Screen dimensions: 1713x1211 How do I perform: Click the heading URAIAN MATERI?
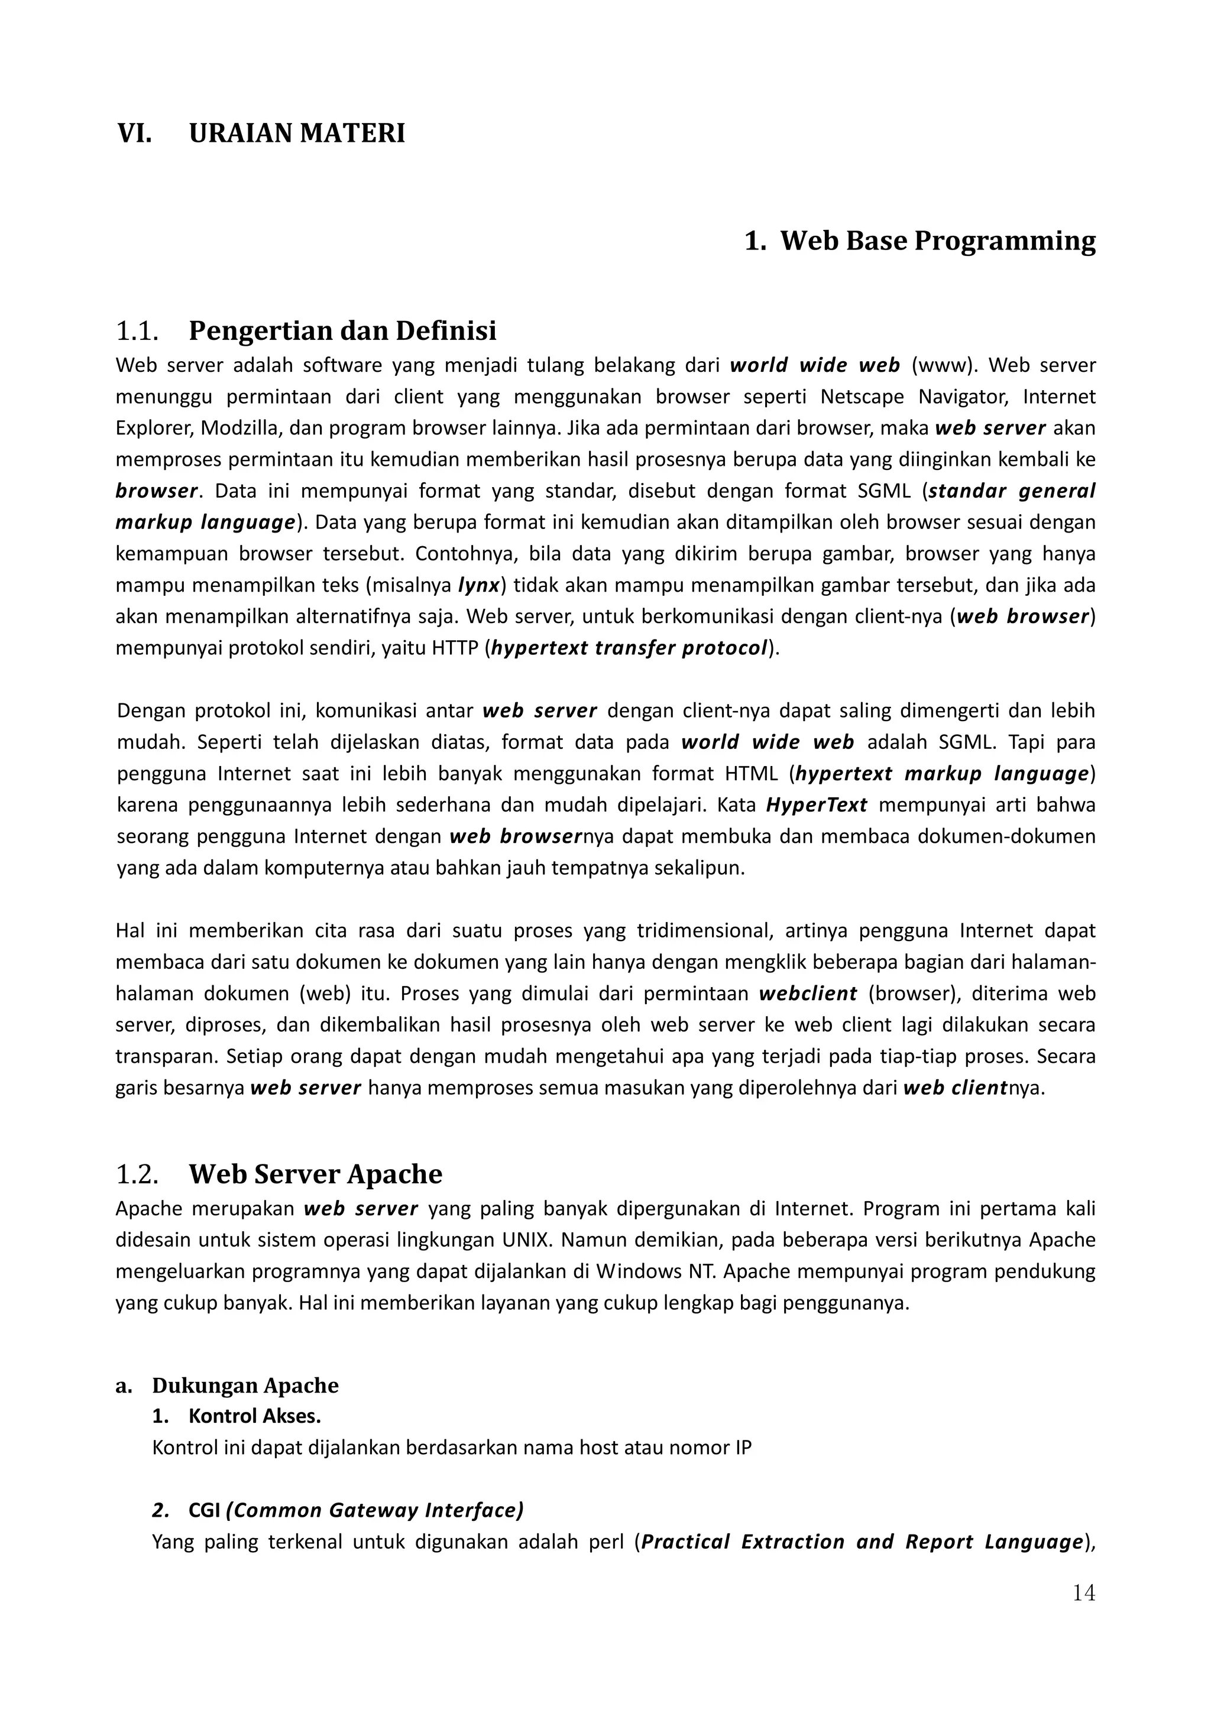(x=297, y=134)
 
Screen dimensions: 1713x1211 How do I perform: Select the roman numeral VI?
(x=134, y=134)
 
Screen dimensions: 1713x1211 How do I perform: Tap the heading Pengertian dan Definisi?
(x=342, y=330)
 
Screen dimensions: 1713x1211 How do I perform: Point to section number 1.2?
(x=137, y=1175)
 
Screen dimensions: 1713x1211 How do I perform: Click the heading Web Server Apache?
(x=315, y=1175)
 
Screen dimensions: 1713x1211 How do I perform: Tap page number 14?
(x=1083, y=1594)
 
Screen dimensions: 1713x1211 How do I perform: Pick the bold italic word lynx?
(x=478, y=585)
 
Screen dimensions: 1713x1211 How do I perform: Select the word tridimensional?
(x=703, y=931)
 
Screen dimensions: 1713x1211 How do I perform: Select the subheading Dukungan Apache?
(x=245, y=1386)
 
